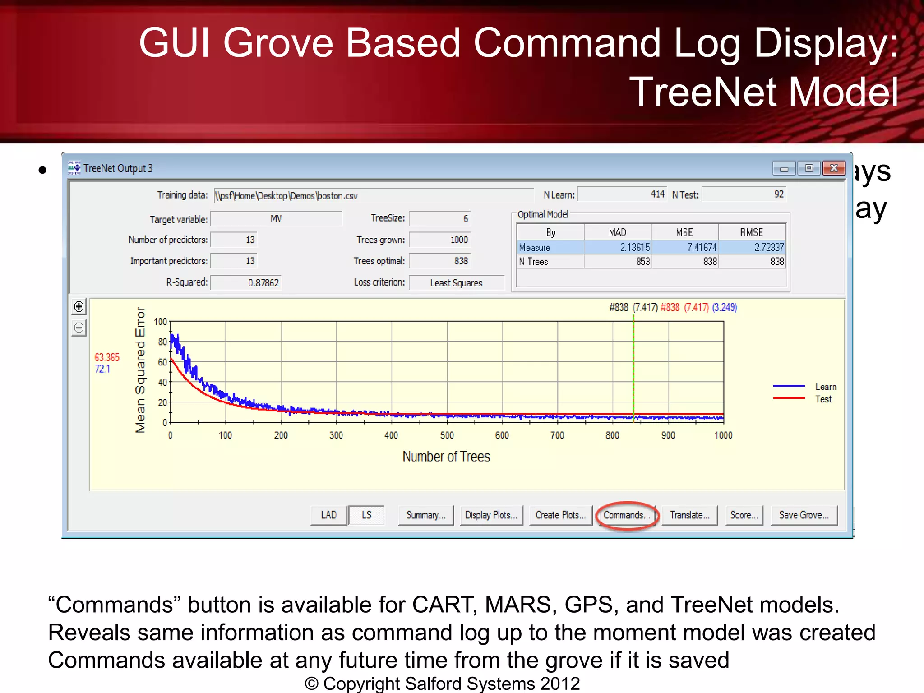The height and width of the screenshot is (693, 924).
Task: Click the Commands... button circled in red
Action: tap(627, 515)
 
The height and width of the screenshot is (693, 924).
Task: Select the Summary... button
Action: tap(425, 515)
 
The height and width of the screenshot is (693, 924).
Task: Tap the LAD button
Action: tap(329, 515)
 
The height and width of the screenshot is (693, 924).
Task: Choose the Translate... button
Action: tap(689, 515)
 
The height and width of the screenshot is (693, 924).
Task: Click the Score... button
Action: tap(744, 515)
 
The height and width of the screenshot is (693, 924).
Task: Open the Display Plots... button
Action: tap(491, 515)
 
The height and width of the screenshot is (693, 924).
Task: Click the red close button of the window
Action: tap(833, 168)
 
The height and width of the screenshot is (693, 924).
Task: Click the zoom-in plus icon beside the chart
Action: tap(79, 307)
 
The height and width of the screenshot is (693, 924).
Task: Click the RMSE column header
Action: tap(751, 232)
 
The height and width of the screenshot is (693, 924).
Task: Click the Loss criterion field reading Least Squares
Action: tap(456, 283)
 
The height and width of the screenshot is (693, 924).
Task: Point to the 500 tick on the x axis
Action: tap(447, 435)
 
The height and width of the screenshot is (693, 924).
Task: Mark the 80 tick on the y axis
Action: tap(162, 342)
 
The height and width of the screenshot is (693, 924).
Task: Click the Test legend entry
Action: tap(823, 399)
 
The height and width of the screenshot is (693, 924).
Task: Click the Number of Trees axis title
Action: tap(446, 457)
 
